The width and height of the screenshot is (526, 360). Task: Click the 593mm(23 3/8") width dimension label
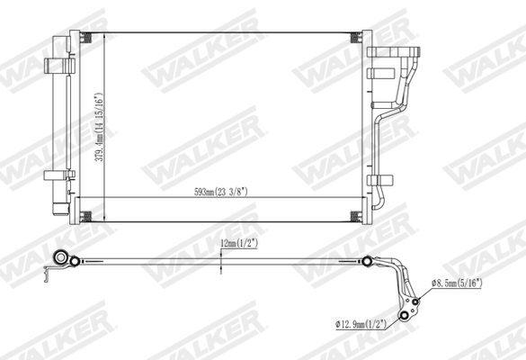pos(219,191)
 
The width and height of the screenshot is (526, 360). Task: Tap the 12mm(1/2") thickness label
pos(238,243)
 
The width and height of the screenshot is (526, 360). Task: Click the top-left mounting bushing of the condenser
pos(87,38)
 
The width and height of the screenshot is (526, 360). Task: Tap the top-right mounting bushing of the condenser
pos(355,38)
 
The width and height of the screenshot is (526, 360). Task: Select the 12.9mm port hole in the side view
pos(406,315)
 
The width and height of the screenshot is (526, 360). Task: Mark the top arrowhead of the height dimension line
pos(105,35)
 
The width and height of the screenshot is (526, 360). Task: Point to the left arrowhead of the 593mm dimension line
pos(76,197)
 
